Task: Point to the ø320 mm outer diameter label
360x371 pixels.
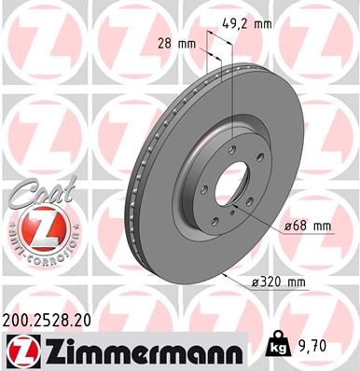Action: [278, 282]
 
